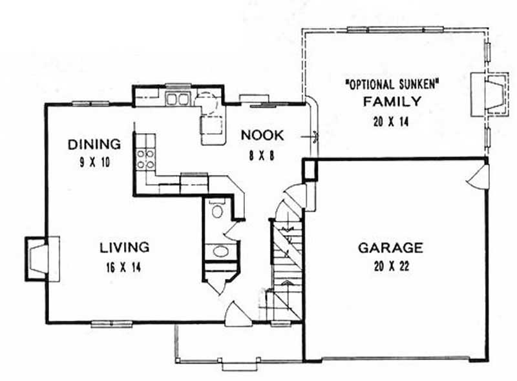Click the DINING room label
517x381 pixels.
[x=94, y=143]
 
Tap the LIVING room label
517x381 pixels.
[x=125, y=247]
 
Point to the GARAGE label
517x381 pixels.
[x=390, y=247]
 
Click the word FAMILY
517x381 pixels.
[x=392, y=101]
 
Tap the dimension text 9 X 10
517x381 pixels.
[x=94, y=162]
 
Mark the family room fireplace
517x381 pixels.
[x=487, y=94]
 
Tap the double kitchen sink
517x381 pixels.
[x=176, y=99]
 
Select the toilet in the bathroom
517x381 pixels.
[x=216, y=210]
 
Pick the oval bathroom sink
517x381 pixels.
[x=219, y=251]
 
